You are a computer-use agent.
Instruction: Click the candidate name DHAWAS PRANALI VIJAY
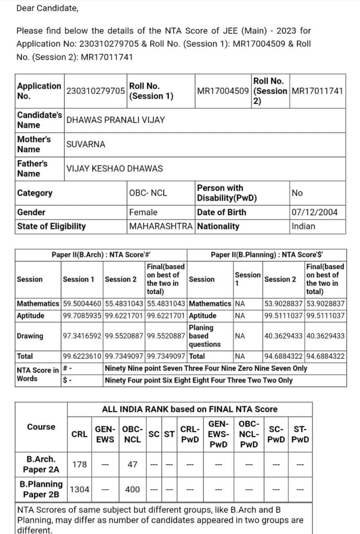(115, 120)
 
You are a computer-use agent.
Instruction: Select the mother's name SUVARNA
(86, 144)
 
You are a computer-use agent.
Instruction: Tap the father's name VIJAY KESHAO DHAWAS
(114, 168)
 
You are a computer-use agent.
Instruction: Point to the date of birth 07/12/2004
(315, 212)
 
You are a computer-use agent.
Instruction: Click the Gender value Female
(143, 212)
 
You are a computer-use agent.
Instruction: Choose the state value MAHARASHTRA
(161, 226)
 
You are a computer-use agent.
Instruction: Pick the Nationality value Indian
(303, 226)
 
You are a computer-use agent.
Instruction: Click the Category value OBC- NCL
(148, 193)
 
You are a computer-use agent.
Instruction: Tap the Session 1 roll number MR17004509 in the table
(223, 91)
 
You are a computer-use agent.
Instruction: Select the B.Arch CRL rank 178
(79, 465)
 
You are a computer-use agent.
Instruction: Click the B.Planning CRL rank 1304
(79, 489)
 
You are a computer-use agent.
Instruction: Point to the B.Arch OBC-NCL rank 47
(133, 465)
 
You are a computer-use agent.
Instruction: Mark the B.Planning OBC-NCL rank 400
(133, 489)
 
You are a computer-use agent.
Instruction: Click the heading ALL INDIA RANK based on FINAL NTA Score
(189, 409)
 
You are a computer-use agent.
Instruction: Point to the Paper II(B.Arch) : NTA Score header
(101, 255)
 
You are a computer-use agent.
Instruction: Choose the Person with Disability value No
(297, 193)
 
